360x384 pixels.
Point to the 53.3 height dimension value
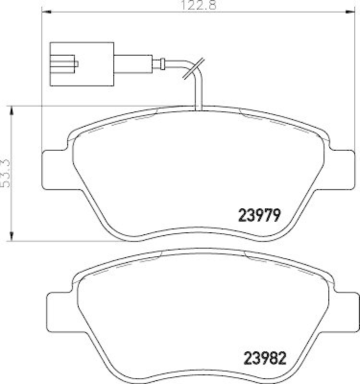click(x=5, y=173)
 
